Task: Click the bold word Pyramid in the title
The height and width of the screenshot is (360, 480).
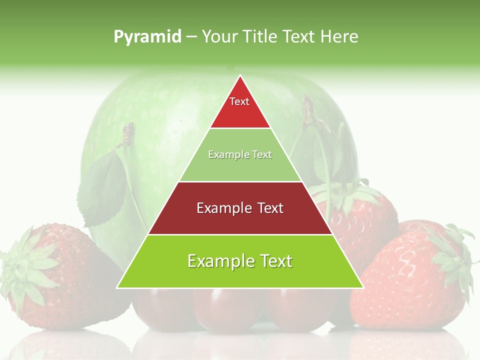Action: [147, 37]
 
